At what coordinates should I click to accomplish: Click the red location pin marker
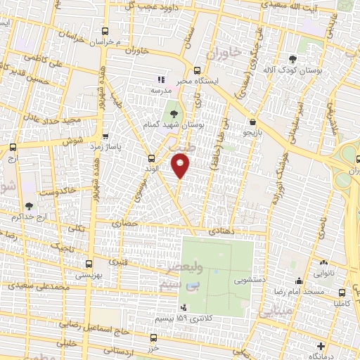(181, 166)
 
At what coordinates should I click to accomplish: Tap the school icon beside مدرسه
(160, 80)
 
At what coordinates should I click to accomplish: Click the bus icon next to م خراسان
(105, 32)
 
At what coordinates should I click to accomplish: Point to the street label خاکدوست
(53, 191)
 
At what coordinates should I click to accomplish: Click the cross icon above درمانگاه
(321, 346)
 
